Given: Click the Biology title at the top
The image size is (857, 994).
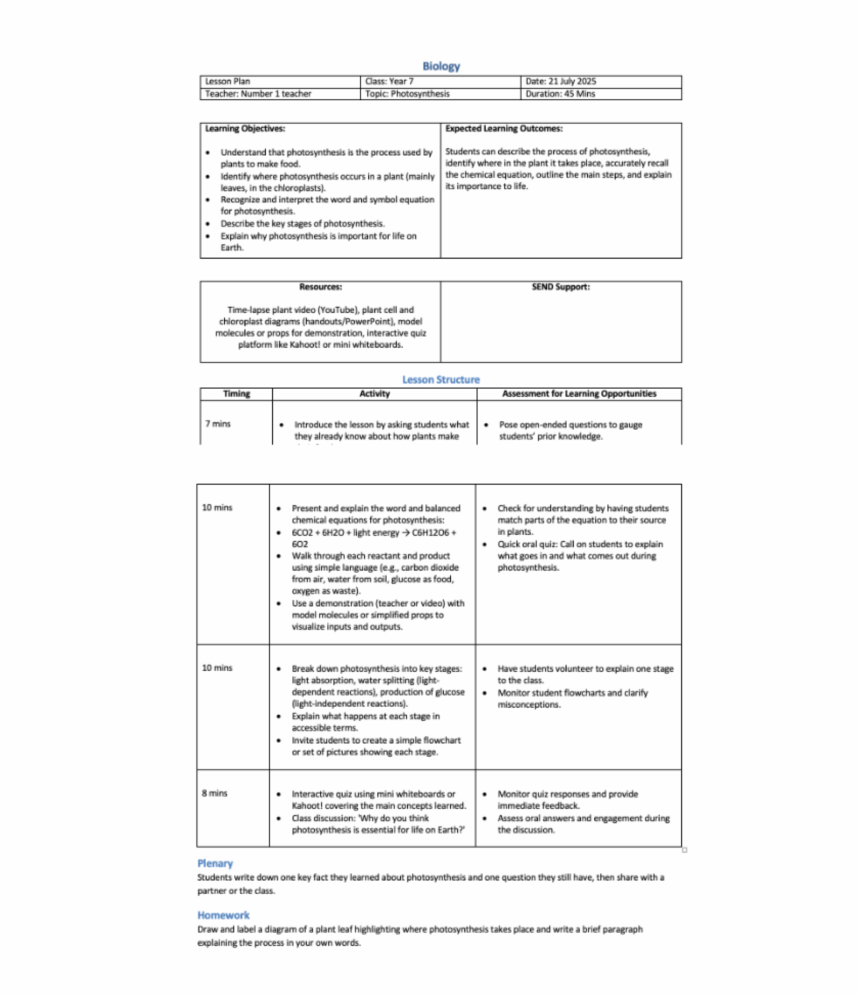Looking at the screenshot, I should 440,66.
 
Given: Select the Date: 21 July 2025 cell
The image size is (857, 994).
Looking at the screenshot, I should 560,82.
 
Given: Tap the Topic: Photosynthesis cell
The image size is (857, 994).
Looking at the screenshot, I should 407,94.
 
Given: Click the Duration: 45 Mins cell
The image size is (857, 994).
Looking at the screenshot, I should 560,94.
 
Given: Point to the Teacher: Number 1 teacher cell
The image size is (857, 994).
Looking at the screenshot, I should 258,94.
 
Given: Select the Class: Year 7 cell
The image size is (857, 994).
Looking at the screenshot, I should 389,82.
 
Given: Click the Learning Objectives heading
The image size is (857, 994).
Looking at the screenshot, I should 245,129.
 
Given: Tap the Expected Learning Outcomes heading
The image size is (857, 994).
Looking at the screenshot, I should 503,129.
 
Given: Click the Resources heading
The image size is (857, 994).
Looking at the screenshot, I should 320,287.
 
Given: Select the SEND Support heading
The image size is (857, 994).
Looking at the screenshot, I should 560,287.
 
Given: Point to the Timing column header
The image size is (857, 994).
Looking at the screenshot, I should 236,394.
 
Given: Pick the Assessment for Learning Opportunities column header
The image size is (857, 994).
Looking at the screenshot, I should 579,394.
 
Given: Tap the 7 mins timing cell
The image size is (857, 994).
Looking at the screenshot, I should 218,424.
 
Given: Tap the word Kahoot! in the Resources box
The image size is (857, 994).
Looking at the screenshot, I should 305,344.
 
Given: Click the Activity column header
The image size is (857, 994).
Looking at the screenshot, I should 374,394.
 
